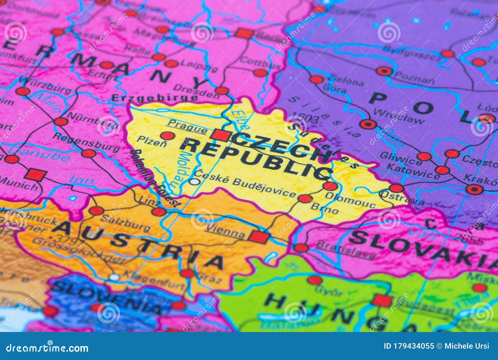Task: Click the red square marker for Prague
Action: (221, 136)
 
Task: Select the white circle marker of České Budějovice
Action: (195, 181)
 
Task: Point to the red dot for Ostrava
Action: (396, 188)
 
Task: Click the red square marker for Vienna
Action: (259, 237)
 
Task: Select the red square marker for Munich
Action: (36, 175)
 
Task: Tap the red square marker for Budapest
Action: (382, 301)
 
